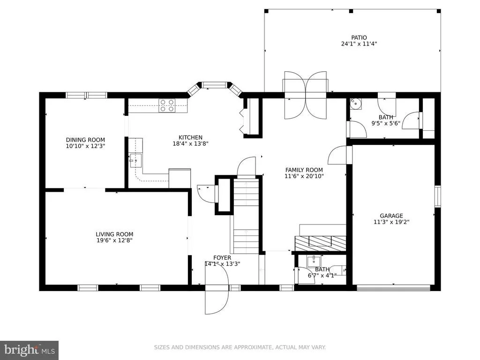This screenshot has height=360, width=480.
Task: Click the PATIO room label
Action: (359, 37)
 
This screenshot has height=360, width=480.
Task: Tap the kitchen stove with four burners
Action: (167, 105)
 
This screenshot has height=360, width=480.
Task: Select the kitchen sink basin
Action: (135, 160)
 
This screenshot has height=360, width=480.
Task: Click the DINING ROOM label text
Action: (85, 140)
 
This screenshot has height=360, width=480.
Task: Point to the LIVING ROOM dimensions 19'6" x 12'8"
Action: (114, 240)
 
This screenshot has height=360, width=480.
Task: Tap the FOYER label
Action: (222, 258)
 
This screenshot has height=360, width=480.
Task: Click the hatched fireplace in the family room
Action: (320, 243)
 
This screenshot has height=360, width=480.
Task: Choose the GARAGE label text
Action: (391, 216)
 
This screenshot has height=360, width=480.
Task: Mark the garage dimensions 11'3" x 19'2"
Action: (391, 222)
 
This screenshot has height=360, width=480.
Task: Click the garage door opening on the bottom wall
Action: (393, 288)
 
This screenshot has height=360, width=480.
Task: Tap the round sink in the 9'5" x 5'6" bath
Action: (356, 104)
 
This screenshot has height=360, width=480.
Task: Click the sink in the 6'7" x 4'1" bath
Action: (314, 262)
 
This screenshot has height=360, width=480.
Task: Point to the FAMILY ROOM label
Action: (304, 170)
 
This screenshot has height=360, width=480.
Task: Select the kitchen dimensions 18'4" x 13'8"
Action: (190, 143)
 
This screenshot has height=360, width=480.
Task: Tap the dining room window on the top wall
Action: (87, 95)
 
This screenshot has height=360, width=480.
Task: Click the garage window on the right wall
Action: (438, 196)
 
